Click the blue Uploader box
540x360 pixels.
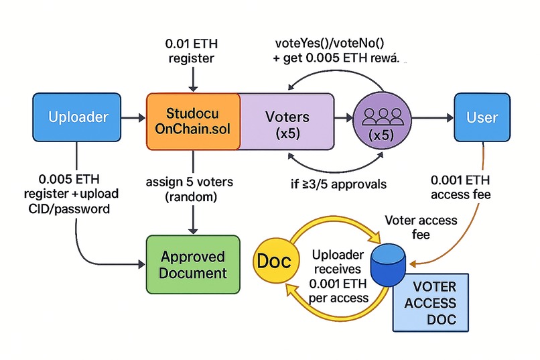(78, 118)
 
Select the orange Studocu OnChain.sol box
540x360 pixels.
(193, 118)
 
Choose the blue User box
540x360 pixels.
(482, 118)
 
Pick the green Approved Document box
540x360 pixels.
(193, 264)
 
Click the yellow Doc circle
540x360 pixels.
(273, 261)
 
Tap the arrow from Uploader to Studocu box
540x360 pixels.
(133, 118)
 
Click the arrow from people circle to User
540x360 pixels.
(429, 118)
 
